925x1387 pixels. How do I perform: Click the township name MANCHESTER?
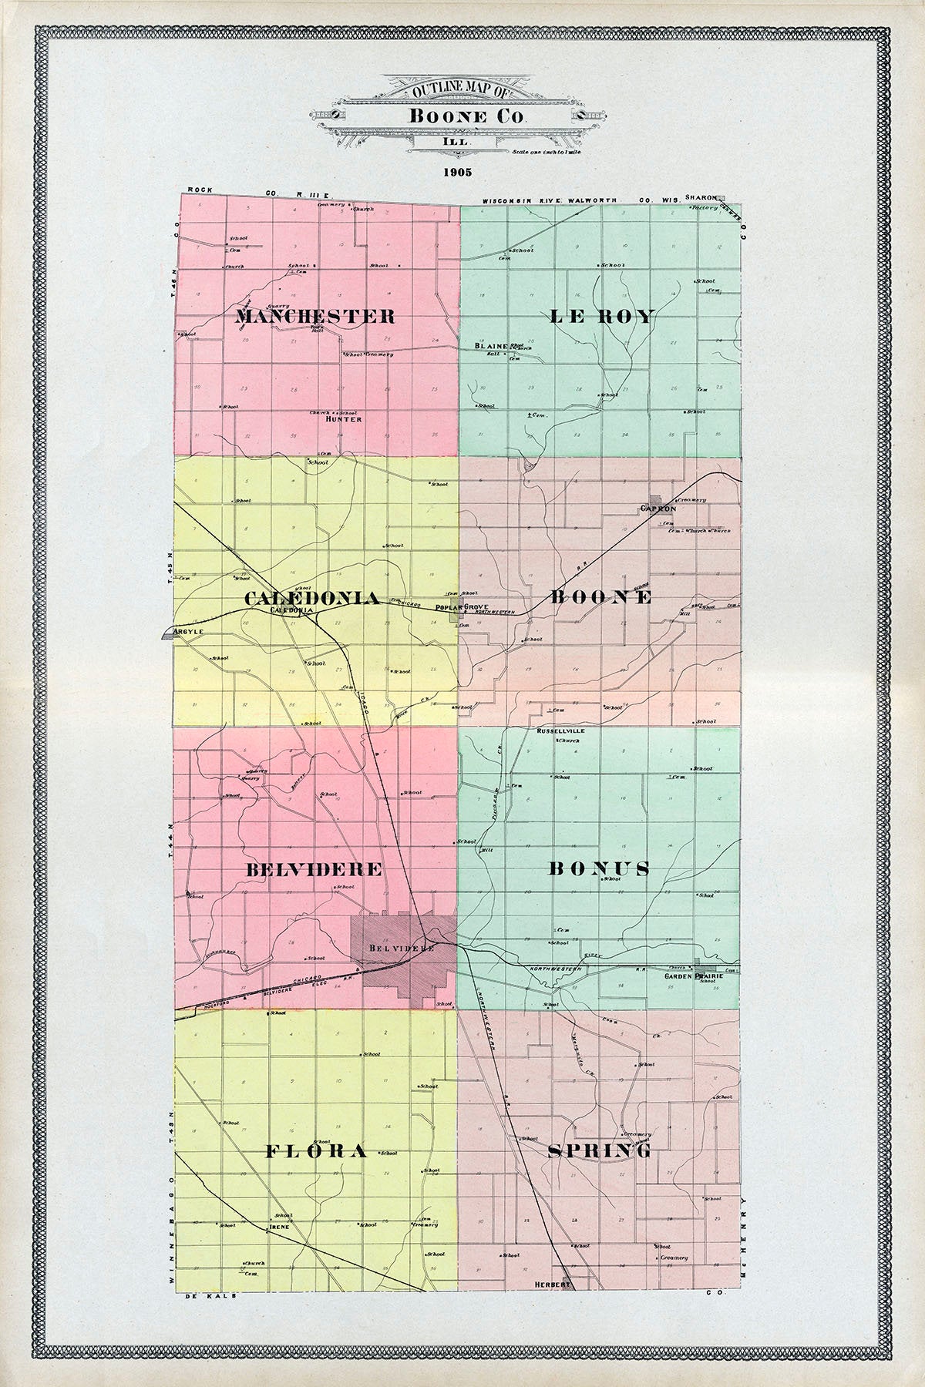315,316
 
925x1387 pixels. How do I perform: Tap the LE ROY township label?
602,316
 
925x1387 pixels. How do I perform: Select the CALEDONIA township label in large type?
312,599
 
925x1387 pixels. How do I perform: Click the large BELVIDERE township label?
314,869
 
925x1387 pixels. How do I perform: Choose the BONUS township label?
599,869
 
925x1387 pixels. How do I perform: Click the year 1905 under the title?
458,172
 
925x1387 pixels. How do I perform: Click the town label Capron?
658,509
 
